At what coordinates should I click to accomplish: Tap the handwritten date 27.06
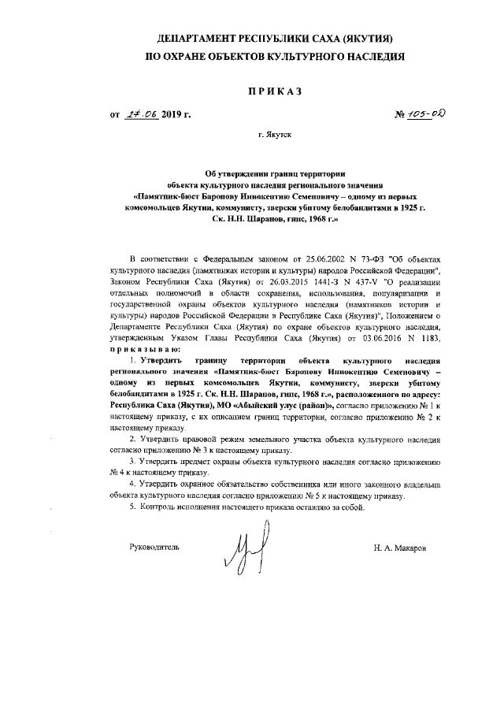(x=143, y=115)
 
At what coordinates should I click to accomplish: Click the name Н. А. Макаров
(x=402, y=547)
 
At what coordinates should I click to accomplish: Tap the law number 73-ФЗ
(x=372, y=258)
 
